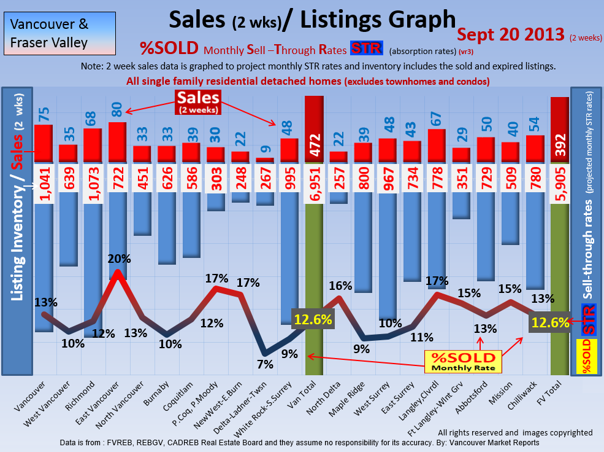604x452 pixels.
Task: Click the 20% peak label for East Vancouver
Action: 118,259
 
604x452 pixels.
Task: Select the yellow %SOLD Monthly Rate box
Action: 463,362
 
